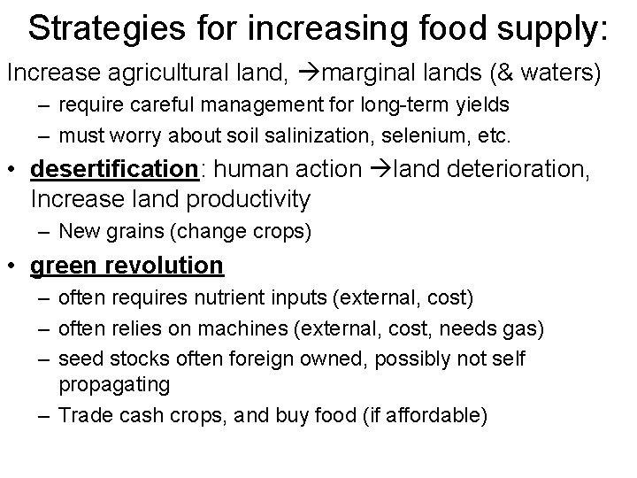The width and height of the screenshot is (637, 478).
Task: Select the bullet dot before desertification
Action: (14, 169)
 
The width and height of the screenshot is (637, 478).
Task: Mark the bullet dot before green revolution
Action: (14, 266)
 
